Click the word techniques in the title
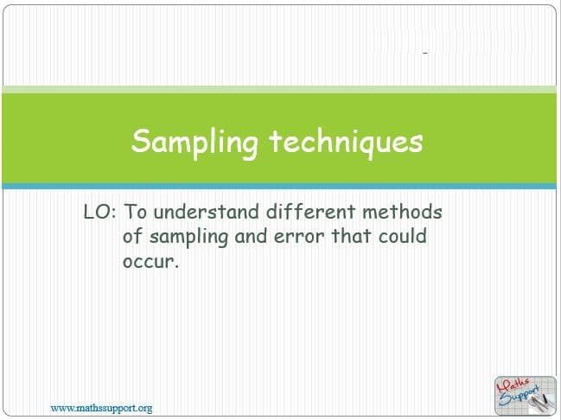pyautogui.click(x=347, y=142)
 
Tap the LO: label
pyautogui.click(x=99, y=212)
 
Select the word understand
pyautogui.click(x=206, y=211)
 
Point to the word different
pyautogui.click(x=310, y=211)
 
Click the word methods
pyautogui.click(x=402, y=211)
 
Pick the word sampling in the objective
pyautogui.click(x=188, y=238)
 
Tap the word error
pyautogui.click(x=299, y=237)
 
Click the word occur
pyautogui.click(x=148, y=262)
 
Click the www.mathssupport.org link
pyautogui.click(x=101, y=408)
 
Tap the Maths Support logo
pyautogui.click(x=526, y=395)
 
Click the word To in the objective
pyautogui.click(x=135, y=212)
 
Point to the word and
pyautogui.click(x=251, y=236)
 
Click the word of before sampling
pyautogui.click(x=132, y=236)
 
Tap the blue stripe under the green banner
pyautogui.click(x=279, y=186)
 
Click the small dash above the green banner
pyautogui.click(x=425, y=54)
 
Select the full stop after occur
pyautogui.click(x=175, y=266)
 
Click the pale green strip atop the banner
pyautogui.click(x=279, y=89)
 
